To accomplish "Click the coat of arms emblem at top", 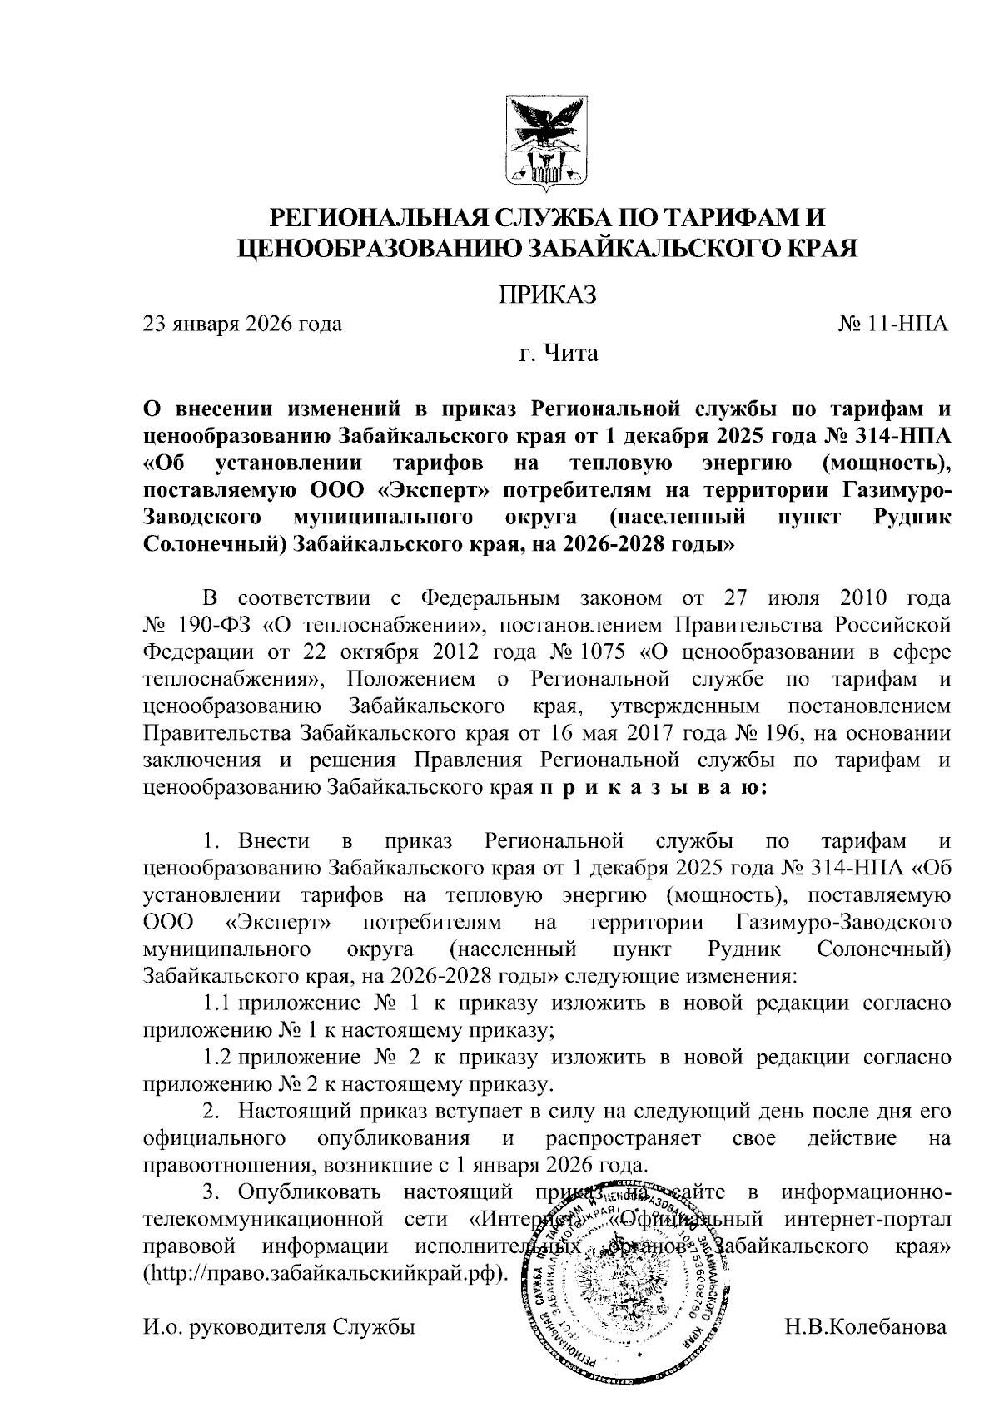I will point(548,141).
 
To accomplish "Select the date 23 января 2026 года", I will point(242,325).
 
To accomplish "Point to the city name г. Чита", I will point(559,354).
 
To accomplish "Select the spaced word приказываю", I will point(652,787).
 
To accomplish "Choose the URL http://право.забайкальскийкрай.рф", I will point(326,1276).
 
